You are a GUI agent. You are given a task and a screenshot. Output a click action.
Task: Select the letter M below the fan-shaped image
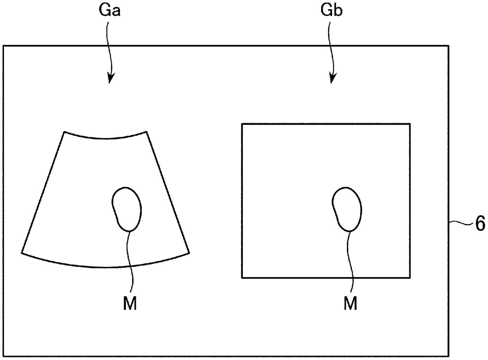130,304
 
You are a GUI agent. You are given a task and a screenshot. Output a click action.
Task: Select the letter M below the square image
350,304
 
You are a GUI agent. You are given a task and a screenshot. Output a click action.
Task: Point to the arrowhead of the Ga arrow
110,80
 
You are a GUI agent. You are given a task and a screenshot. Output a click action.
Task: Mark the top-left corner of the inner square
242,124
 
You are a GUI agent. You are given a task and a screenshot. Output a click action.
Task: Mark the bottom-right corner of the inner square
410,278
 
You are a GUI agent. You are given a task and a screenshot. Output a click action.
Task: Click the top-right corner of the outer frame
448,46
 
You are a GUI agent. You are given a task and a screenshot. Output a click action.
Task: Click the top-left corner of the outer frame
3,46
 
